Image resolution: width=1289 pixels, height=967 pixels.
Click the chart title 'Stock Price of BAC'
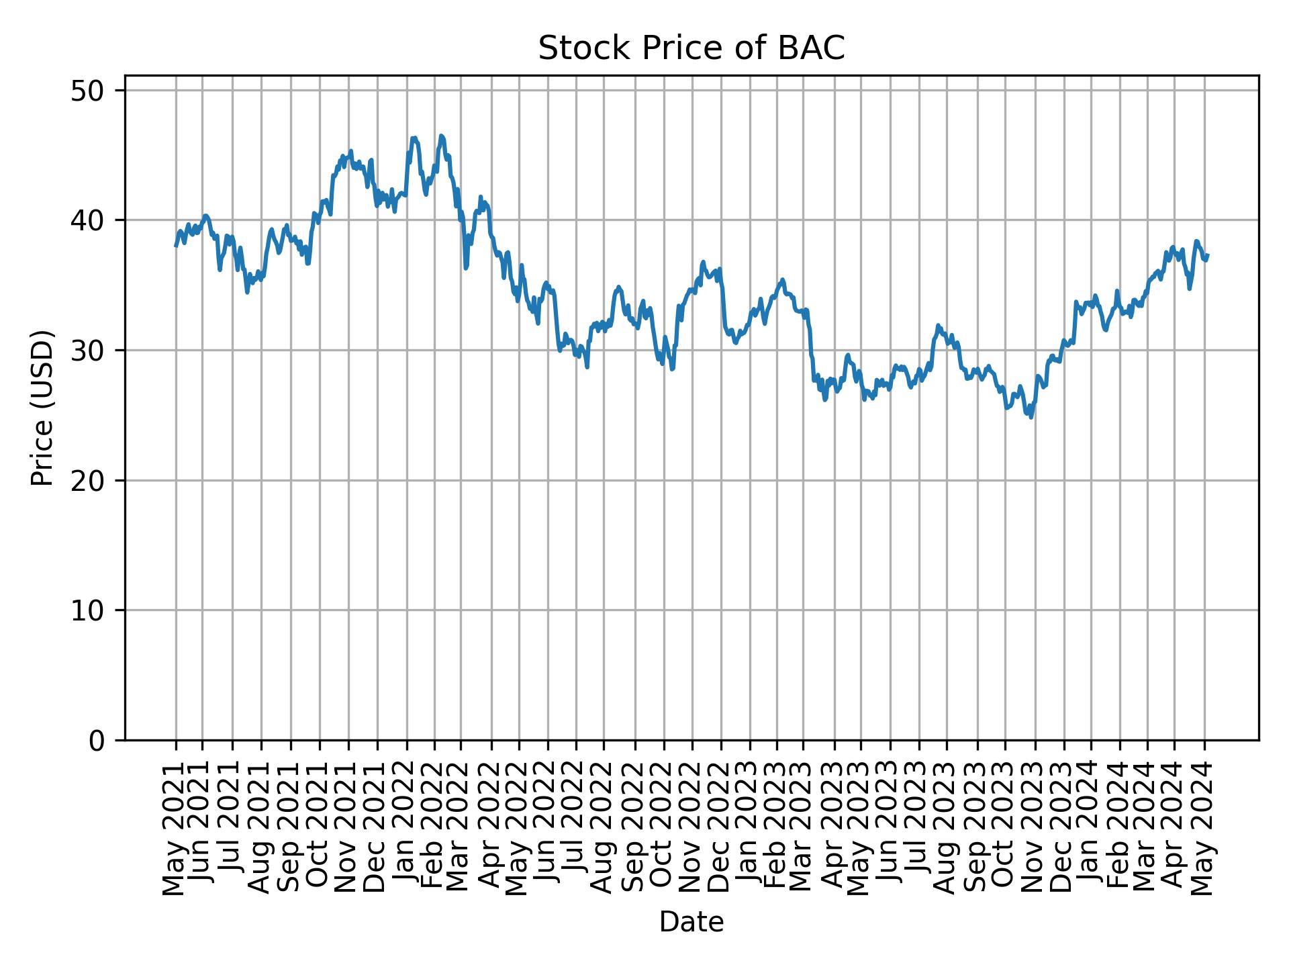pyautogui.click(x=691, y=48)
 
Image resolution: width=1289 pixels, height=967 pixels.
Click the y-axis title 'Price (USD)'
pyautogui.click(x=42, y=408)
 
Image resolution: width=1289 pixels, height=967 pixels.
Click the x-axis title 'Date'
pyautogui.click(x=691, y=922)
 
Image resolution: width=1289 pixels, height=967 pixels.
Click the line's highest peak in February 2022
pyautogui.click(x=441, y=136)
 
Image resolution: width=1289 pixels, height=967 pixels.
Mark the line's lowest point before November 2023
pyautogui.click(x=1031, y=417)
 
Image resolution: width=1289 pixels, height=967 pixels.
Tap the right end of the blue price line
pyautogui.click(x=1207, y=255)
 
